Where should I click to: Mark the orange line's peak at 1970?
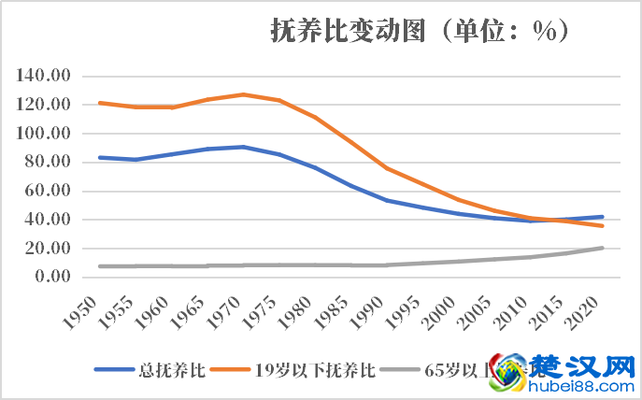(x=243, y=94)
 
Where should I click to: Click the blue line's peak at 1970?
(x=243, y=147)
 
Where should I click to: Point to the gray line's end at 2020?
(x=603, y=248)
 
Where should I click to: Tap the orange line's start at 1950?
(x=100, y=103)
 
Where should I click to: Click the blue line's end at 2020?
(x=603, y=217)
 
